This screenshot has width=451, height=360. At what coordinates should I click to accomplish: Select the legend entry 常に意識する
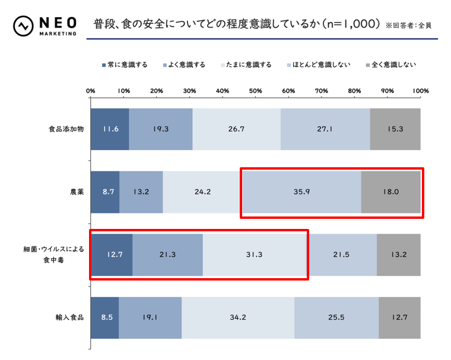click(x=124, y=65)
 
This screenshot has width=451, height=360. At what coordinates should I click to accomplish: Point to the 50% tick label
click(x=256, y=90)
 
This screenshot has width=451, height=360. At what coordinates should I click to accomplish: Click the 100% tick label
click(x=420, y=90)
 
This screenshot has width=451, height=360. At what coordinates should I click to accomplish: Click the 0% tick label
click(x=91, y=90)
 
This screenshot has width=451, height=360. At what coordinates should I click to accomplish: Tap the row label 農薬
click(x=76, y=192)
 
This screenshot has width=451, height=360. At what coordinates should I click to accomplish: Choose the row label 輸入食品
click(x=71, y=317)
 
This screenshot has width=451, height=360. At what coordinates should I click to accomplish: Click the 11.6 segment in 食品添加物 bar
click(x=110, y=129)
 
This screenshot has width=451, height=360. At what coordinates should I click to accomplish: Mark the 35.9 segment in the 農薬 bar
click(x=301, y=192)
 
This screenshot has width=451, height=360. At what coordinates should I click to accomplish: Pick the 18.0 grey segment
click(x=390, y=192)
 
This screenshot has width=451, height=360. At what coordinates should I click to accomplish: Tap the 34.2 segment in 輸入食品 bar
click(x=238, y=317)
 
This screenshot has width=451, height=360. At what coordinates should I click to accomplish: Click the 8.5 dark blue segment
click(x=104, y=317)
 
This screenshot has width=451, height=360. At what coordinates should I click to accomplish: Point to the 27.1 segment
click(x=325, y=129)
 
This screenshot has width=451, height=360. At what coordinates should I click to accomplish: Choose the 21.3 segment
click(x=167, y=254)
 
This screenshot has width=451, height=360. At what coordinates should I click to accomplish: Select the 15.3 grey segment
click(x=395, y=129)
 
